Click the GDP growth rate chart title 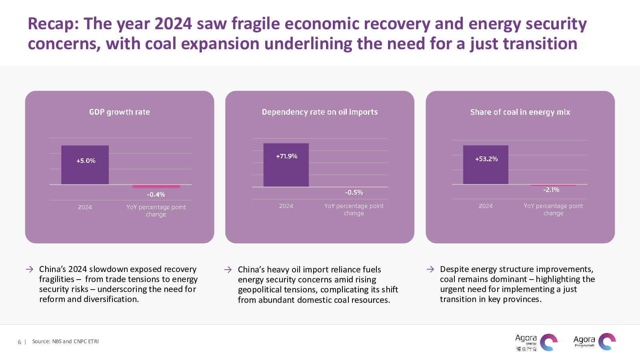(x=120, y=112)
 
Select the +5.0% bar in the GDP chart (x=85, y=164)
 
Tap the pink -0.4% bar (x=156, y=186)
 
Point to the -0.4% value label (x=156, y=194)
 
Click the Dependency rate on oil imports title (x=320, y=112)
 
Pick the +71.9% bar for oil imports (x=286, y=165)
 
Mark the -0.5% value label (x=354, y=192)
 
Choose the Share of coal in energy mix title (x=520, y=112)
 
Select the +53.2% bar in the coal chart (x=486, y=164)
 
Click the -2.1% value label (x=551, y=190)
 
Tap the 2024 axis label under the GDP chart (x=85, y=207)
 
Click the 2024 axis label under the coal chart (x=486, y=206)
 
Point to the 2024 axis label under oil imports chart (x=286, y=206)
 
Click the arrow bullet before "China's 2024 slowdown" (x=30, y=269)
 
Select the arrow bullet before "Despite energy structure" (x=430, y=269)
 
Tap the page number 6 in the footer (x=19, y=342)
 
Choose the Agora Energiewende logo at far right (x=594, y=342)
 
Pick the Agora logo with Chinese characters (x=536, y=343)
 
